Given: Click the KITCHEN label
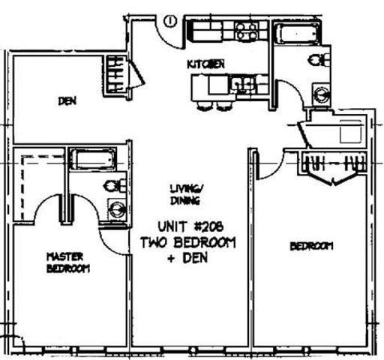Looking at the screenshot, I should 206,65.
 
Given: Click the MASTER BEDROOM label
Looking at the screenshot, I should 68,262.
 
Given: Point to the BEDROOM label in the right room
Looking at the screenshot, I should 310,246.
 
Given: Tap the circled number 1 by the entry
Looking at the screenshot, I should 170,20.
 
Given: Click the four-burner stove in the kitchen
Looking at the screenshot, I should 245,31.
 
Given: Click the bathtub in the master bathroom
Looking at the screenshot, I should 93,159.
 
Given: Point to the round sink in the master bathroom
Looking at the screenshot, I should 116,210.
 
